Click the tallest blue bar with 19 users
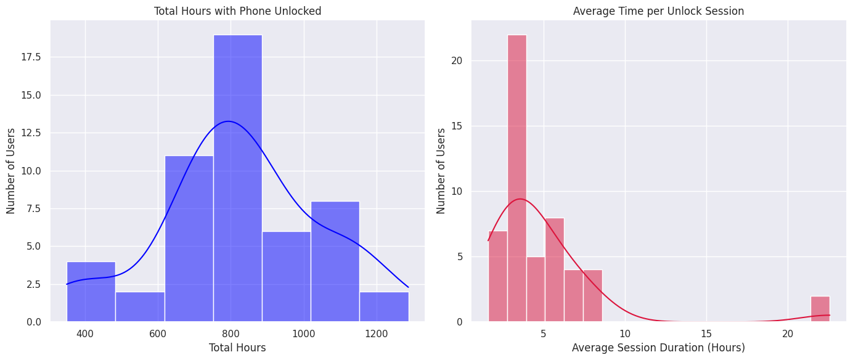[237, 179]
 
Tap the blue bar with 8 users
[335, 261]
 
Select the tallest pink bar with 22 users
[516, 179]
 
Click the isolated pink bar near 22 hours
[820, 309]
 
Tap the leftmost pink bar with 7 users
[497, 276]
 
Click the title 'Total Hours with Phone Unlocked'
[237, 11]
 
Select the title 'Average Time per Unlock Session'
[658, 11]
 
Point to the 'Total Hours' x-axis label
[237, 348]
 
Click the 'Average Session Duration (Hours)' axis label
[658, 348]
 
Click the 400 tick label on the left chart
[85, 334]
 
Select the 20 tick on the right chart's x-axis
[788, 334]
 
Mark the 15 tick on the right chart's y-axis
[457, 126]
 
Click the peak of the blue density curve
[228, 121]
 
